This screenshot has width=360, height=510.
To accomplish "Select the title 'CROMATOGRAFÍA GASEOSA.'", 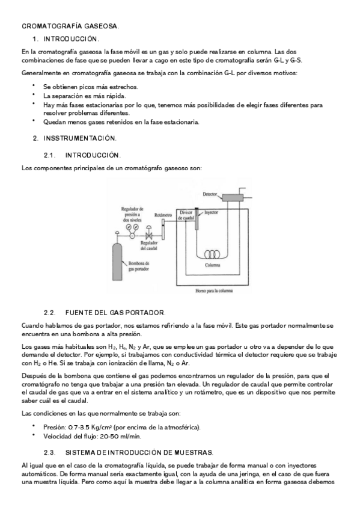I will (x=70, y=26).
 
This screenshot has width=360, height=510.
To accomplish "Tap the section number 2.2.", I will (x=50, y=313).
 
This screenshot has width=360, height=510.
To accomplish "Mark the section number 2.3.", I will (x=50, y=452).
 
